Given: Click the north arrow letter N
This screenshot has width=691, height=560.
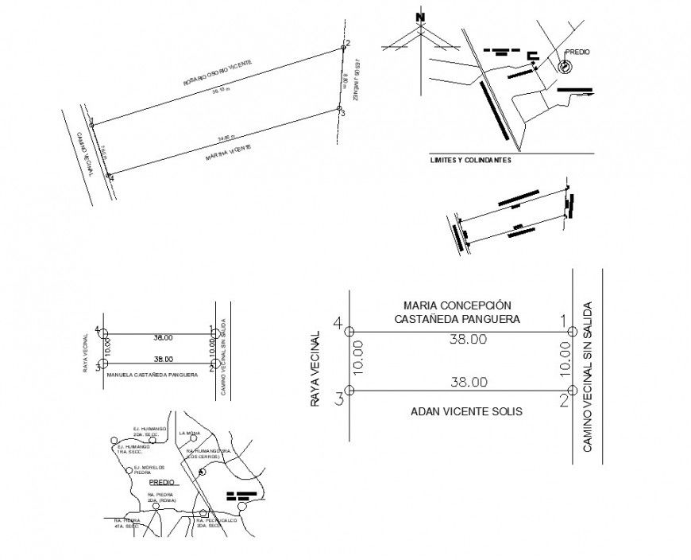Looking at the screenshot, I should [420, 16].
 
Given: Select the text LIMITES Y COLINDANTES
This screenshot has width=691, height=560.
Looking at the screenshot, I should [469, 159].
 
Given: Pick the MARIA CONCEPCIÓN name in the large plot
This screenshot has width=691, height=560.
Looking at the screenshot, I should [457, 305].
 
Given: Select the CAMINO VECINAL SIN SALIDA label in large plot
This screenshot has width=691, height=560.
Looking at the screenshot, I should [588, 376].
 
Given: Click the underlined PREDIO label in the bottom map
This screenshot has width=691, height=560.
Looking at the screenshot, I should [161, 482].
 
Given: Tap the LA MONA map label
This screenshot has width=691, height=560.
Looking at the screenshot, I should [189, 433].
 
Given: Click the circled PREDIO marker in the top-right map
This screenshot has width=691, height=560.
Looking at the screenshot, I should [564, 67].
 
